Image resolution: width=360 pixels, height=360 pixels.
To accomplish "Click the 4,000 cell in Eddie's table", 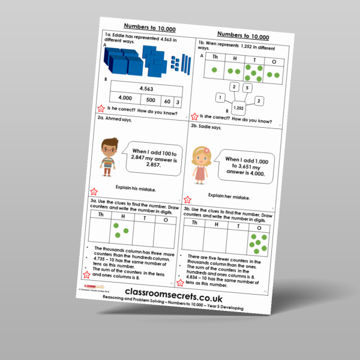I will [x=126, y=99].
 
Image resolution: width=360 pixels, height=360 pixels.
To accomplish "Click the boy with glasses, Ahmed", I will [x=110, y=161].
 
